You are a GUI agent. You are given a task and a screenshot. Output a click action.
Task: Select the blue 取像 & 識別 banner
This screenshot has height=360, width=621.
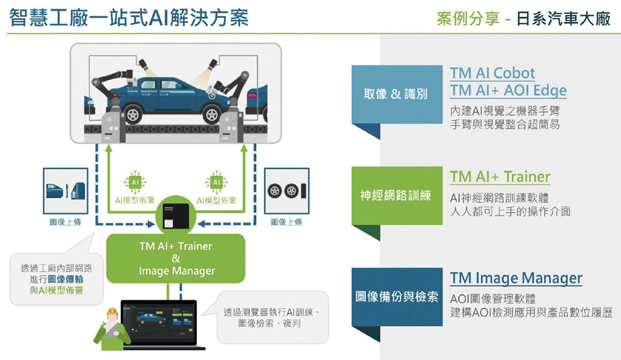click(x=397, y=93)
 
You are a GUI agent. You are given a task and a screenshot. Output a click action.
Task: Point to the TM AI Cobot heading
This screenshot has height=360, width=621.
click(x=492, y=73)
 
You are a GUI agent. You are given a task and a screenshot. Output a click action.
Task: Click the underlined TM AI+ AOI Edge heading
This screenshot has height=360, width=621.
click(x=508, y=91)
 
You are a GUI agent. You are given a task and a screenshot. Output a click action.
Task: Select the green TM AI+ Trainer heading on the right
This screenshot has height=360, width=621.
click(x=500, y=177)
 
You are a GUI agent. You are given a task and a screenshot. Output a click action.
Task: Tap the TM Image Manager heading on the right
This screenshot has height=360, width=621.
click(x=516, y=278)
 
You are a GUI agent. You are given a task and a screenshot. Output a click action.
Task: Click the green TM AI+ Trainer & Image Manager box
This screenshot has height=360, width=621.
click(x=176, y=259)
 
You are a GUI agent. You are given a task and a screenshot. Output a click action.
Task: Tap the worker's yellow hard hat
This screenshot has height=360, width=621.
click(x=113, y=313)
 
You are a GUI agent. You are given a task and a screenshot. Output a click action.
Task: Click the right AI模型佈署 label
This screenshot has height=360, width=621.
click(x=217, y=201)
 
